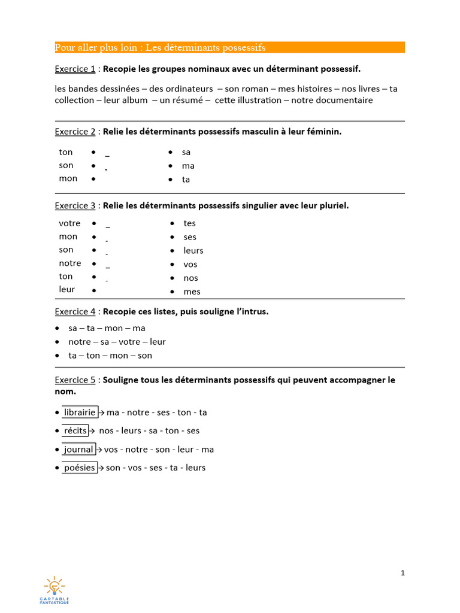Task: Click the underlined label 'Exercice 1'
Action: pyautogui.click(x=75, y=69)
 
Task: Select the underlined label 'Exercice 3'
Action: pyautogui.click(x=75, y=205)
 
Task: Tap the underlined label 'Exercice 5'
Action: pyautogui.click(x=75, y=380)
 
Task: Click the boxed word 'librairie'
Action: pyautogui.click(x=80, y=412)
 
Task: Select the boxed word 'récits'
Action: pyautogui.click(x=75, y=430)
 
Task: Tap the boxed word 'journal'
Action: pyautogui.click(x=78, y=449)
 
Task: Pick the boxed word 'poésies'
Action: pyautogui.click(x=80, y=468)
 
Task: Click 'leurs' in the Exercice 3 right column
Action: pyautogui.click(x=193, y=251)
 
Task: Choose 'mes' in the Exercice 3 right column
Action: pyautogui.click(x=192, y=292)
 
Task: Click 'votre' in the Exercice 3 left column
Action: pyautogui.click(x=69, y=223)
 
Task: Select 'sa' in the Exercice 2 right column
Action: pyautogui.click(x=186, y=152)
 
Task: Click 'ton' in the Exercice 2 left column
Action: pyautogui.click(x=66, y=152)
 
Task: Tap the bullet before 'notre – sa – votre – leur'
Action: pyautogui.click(x=57, y=342)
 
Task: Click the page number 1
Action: pyautogui.click(x=403, y=573)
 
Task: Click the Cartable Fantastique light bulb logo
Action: pyautogui.click(x=55, y=587)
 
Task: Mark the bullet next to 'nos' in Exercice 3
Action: pyautogui.click(x=172, y=278)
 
